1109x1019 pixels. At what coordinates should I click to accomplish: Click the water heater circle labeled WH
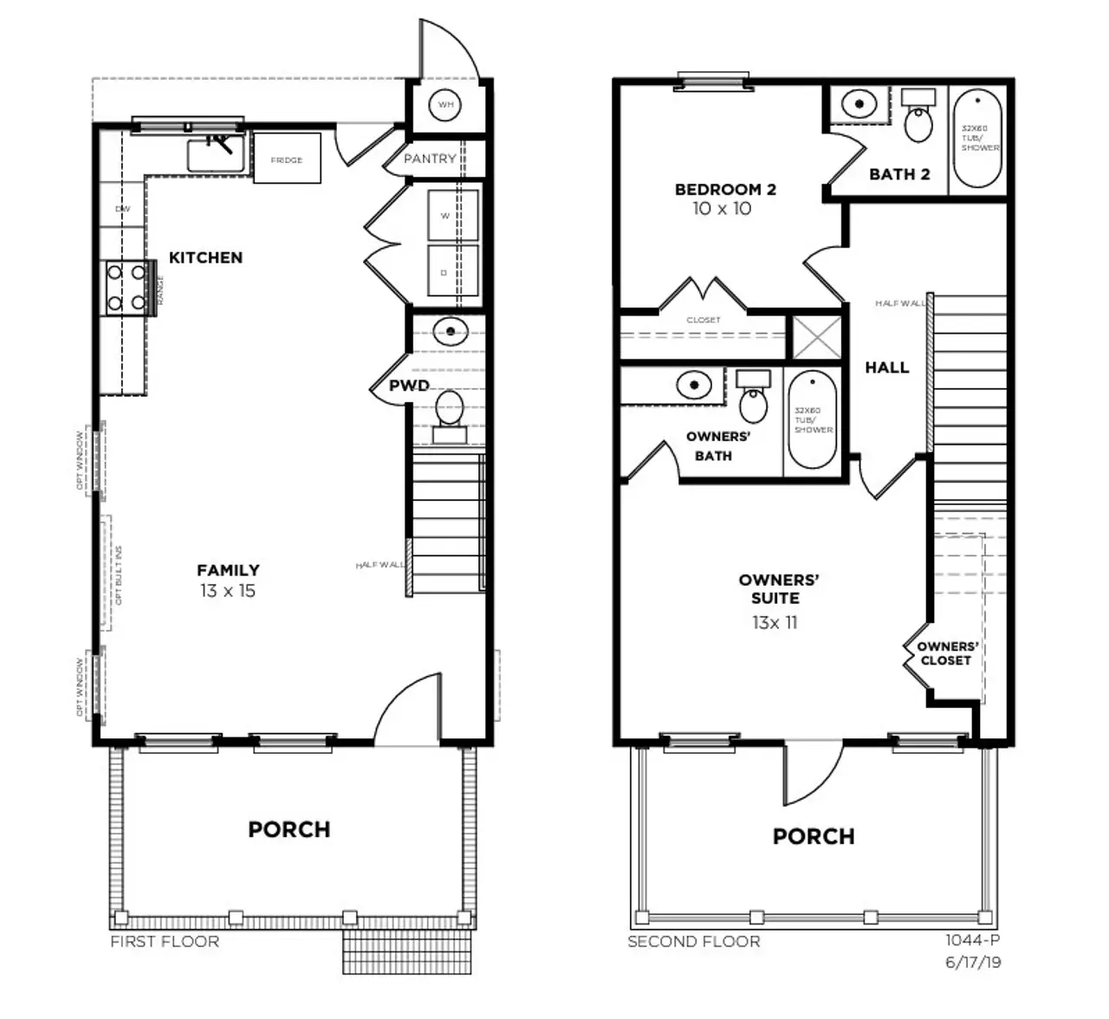coord(445,105)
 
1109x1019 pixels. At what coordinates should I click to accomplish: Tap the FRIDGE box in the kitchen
coord(287,159)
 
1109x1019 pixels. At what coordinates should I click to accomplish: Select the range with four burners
coord(126,289)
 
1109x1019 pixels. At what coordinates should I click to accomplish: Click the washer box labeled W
coord(452,216)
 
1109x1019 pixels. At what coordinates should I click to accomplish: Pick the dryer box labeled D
coord(452,271)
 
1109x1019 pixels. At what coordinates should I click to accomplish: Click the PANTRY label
coord(430,159)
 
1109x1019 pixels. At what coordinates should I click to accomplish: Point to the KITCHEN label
coord(205,257)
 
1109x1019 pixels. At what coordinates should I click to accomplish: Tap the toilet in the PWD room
coord(449,410)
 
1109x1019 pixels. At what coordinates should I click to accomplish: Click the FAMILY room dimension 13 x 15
coord(227,591)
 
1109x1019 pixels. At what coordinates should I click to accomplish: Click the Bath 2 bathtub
coord(978,139)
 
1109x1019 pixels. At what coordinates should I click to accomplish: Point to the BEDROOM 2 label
coord(725,189)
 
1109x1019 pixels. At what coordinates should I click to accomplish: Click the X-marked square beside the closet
coord(817,336)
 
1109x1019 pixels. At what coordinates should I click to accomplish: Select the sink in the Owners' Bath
coord(694,384)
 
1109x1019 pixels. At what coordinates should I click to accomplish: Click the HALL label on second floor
coord(886,367)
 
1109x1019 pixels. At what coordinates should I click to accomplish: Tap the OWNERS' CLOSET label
coord(947,653)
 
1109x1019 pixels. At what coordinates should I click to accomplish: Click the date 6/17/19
coord(972,962)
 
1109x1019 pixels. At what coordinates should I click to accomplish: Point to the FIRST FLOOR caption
coord(165,942)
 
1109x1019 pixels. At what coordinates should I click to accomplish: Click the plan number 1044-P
coord(972,939)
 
